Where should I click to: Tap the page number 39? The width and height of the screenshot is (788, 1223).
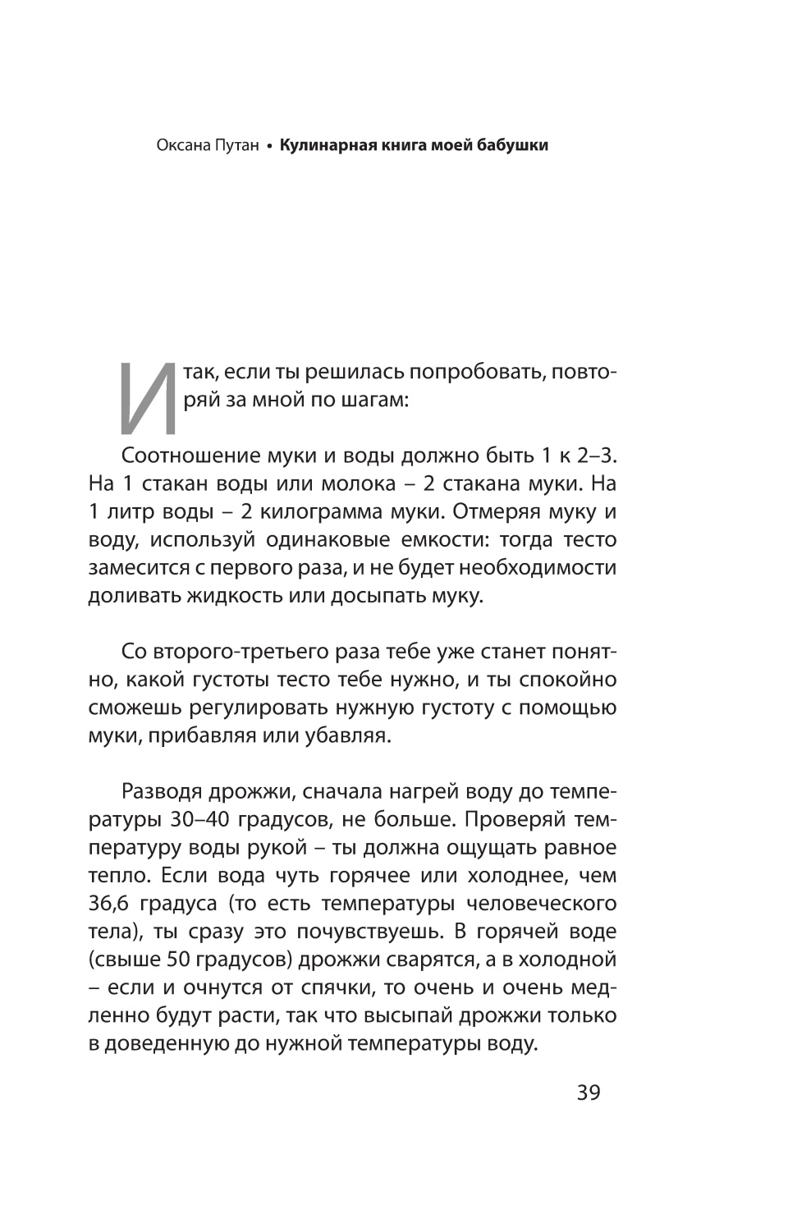point(589,1093)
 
